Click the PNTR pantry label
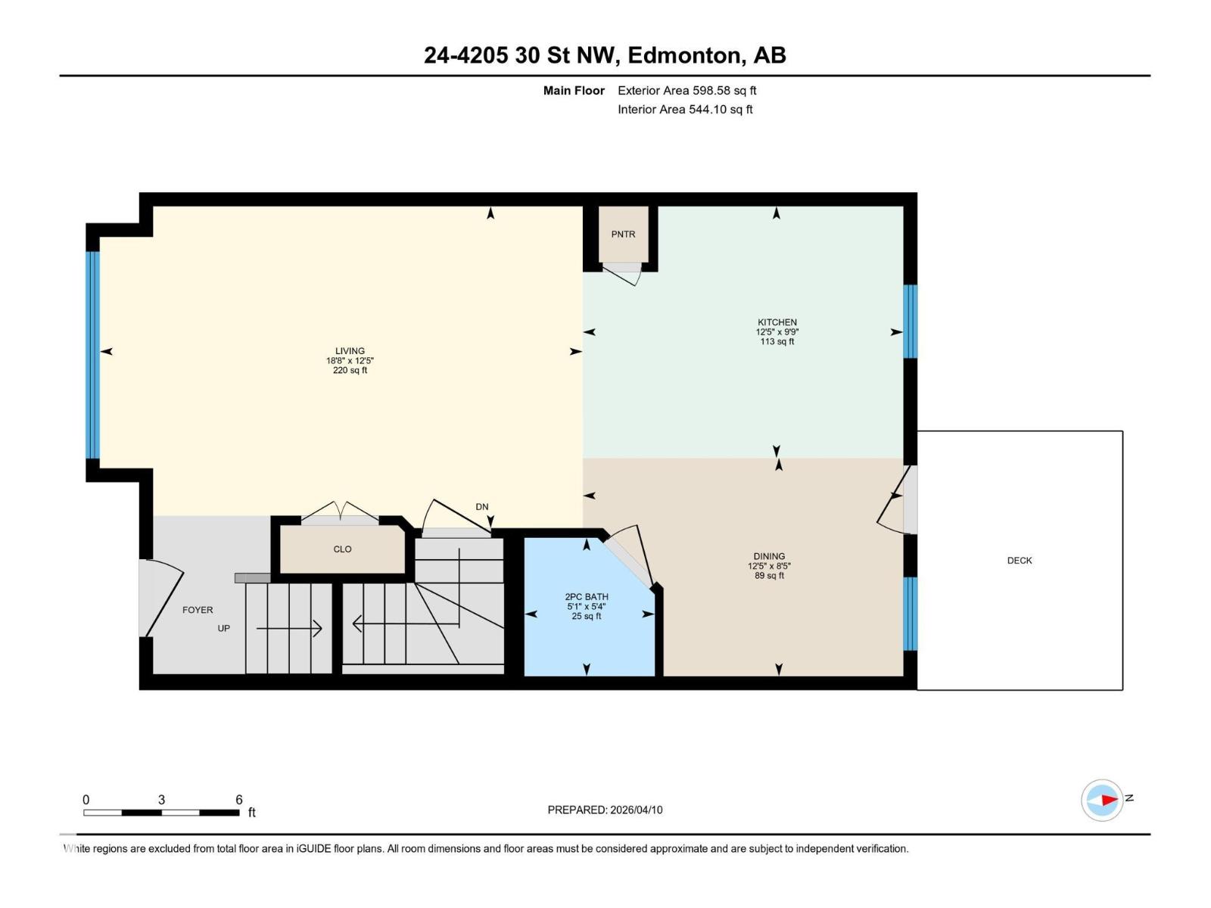pyautogui.click(x=623, y=235)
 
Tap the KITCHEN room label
pyautogui.click(x=777, y=322)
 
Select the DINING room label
pyautogui.click(x=769, y=556)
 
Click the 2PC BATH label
pyautogui.click(x=587, y=597)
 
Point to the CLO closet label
pyautogui.click(x=342, y=549)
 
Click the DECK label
pyautogui.click(x=1020, y=561)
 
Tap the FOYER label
pyautogui.click(x=198, y=610)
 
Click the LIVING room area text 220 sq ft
pyautogui.click(x=350, y=371)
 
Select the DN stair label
pyautogui.click(x=482, y=507)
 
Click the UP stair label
pyautogui.click(x=224, y=628)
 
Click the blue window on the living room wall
pyautogui.click(x=92, y=355)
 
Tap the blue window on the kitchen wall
pyautogui.click(x=911, y=321)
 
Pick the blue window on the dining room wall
pyautogui.click(x=911, y=613)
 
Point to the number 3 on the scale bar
pyautogui.click(x=161, y=800)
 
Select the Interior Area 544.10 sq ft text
pyautogui.click(x=685, y=109)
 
